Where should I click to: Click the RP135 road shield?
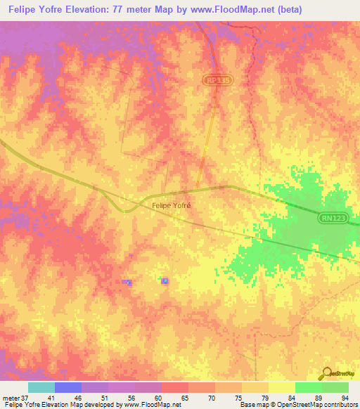tap(219, 82)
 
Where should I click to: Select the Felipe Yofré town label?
tap(172, 206)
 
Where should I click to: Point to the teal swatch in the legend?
tap(41, 387)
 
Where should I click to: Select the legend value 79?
tap(264, 397)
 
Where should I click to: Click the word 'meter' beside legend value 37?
tap(12, 397)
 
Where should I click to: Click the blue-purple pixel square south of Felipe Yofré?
tap(165, 281)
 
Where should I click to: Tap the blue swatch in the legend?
tap(68, 387)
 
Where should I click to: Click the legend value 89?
tap(318, 397)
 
